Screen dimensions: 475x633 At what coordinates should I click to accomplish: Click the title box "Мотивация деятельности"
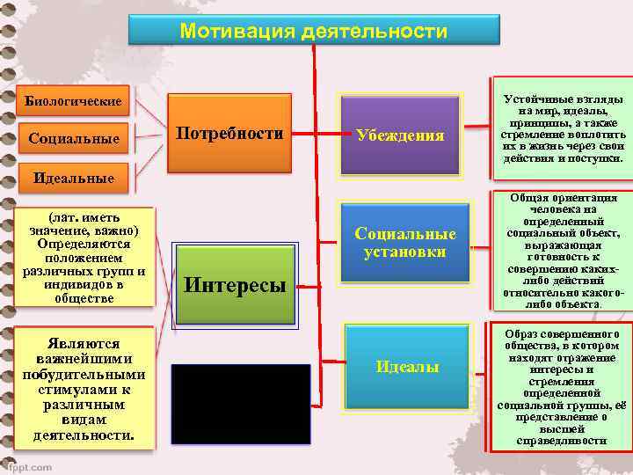click(x=313, y=30)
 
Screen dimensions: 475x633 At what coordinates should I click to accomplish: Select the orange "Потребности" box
click(x=230, y=135)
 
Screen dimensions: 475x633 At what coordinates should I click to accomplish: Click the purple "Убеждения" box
click(x=399, y=135)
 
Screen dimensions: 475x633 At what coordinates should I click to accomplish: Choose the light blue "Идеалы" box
click(x=406, y=366)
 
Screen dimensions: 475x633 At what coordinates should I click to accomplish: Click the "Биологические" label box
click(x=73, y=100)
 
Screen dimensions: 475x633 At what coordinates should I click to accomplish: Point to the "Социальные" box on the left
click(x=73, y=139)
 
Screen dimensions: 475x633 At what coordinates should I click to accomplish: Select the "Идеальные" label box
click(x=73, y=178)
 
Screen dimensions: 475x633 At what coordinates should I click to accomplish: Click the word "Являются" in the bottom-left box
click(x=84, y=343)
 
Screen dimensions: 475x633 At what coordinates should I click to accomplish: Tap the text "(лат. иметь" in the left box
click(x=84, y=217)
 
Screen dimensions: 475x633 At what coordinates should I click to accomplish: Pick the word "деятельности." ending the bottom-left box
click(x=84, y=435)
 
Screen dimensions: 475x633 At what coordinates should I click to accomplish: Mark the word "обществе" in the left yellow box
click(x=84, y=298)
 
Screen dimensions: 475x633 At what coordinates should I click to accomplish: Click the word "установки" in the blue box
click(x=404, y=252)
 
